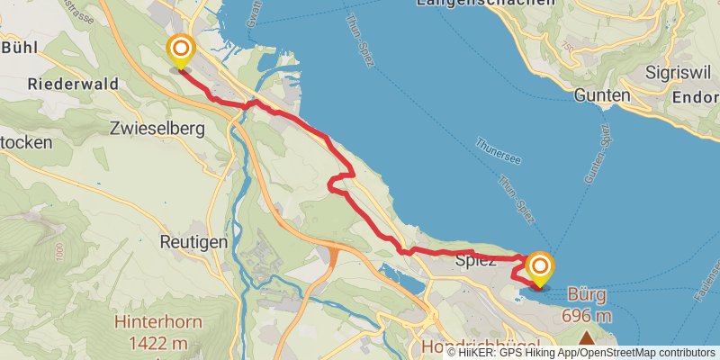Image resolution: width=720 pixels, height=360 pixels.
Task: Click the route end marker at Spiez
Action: [540, 266]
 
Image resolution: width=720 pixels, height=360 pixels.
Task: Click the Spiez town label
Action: [476, 263]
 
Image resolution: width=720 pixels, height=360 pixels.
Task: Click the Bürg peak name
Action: [587, 294]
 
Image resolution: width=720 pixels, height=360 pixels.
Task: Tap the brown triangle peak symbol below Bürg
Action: [587, 338]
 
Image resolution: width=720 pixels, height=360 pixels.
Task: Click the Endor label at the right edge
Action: [699, 96]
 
